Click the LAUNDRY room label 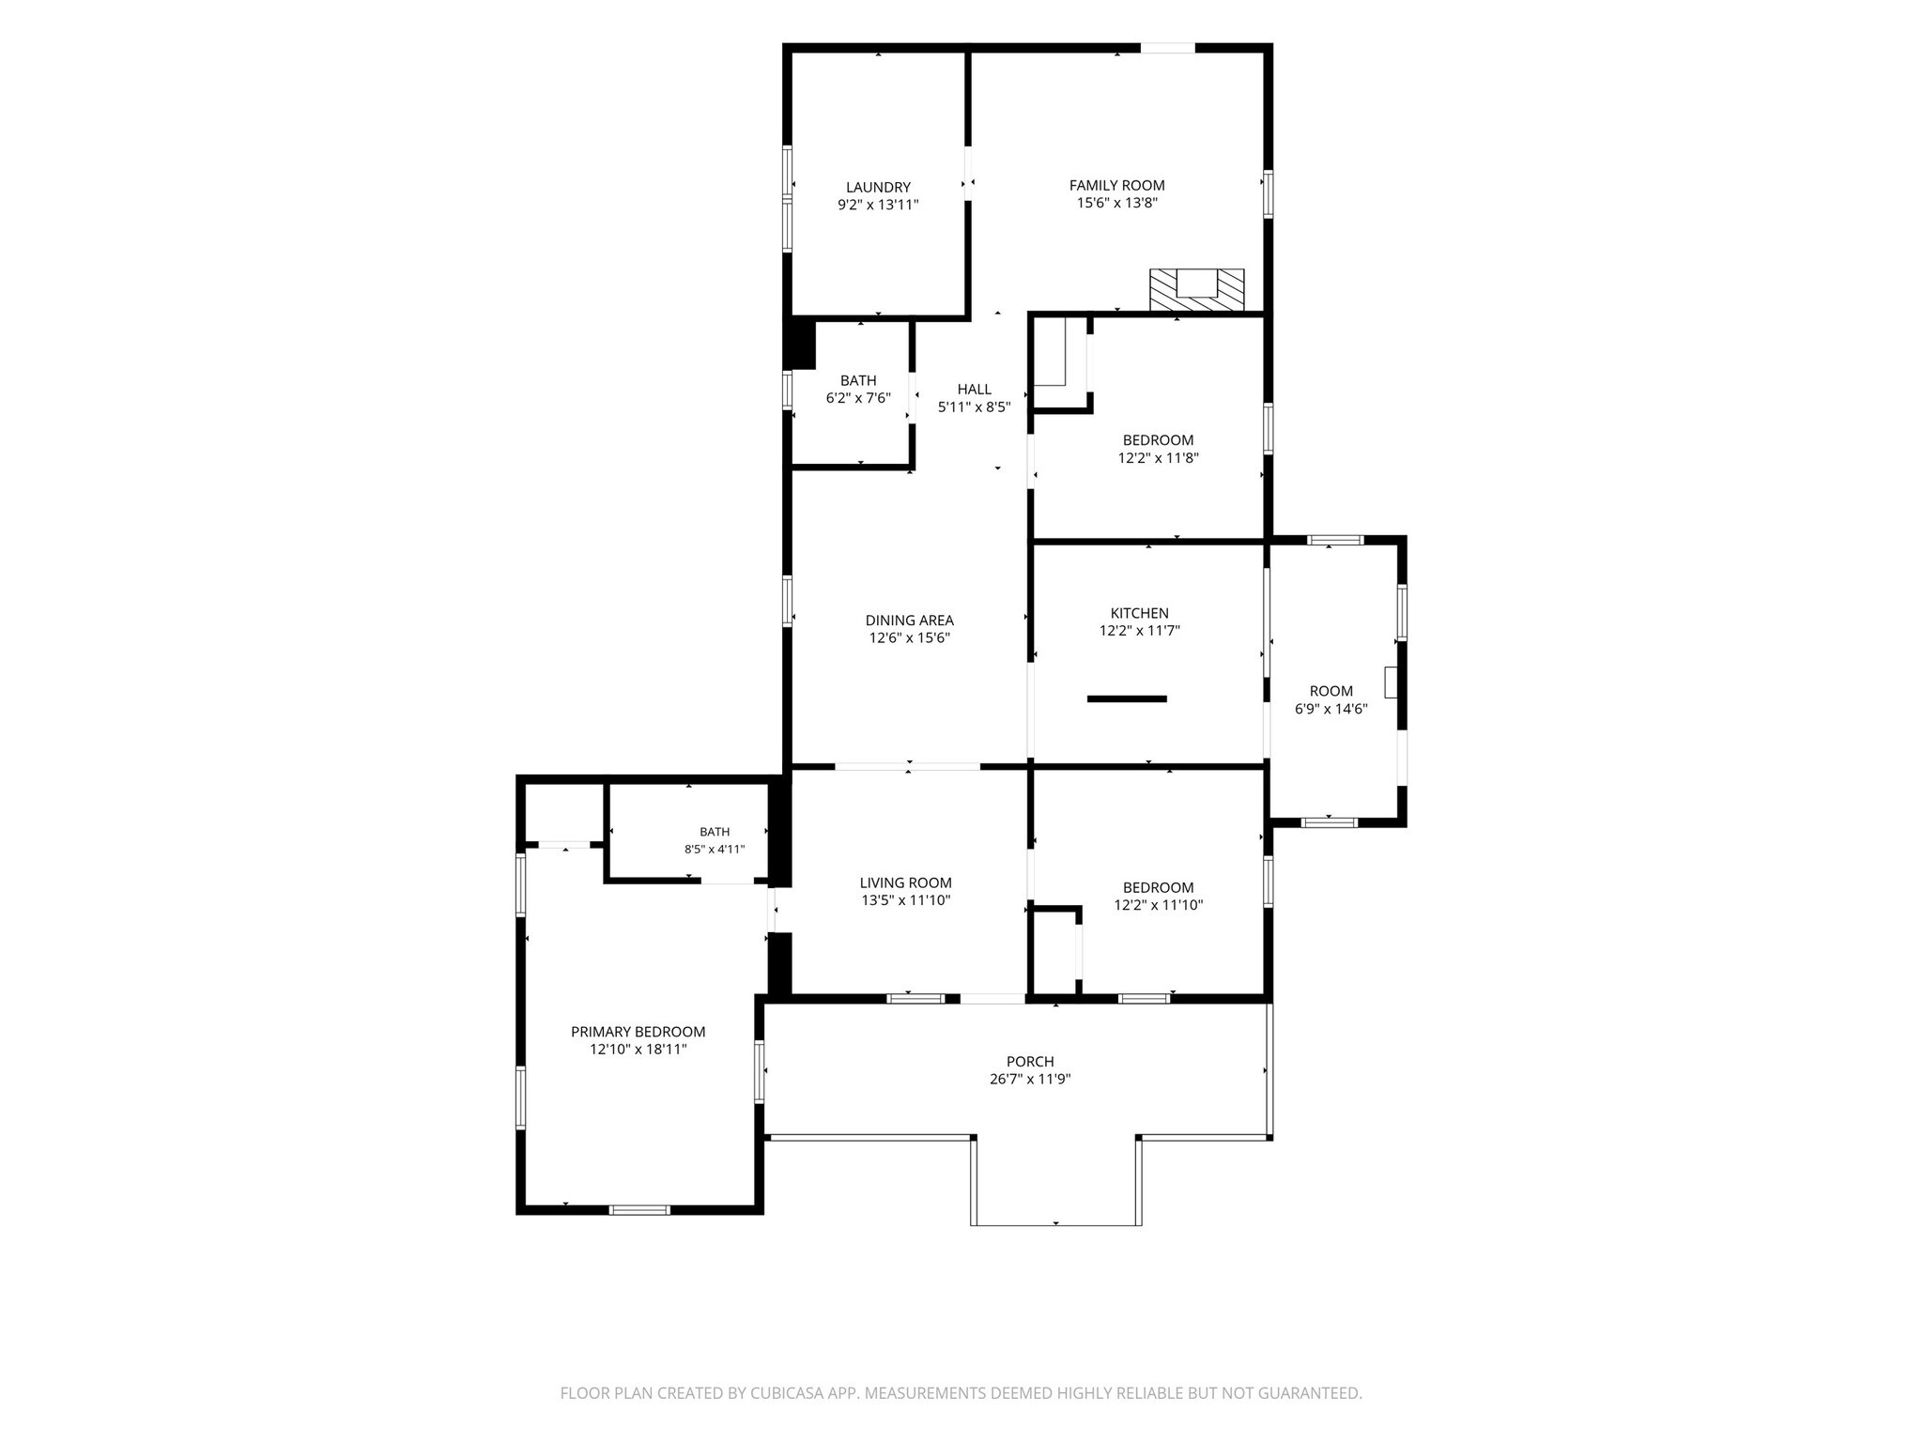(878, 187)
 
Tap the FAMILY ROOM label (1116, 185)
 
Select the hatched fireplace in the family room (1197, 289)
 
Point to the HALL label (974, 389)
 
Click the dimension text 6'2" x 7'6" (858, 397)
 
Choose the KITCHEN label (1139, 613)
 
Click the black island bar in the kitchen (1127, 698)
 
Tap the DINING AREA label (909, 620)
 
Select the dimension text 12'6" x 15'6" (909, 637)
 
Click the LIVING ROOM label (906, 882)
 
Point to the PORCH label (1030, 1061)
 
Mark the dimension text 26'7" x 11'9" (1030, 1079)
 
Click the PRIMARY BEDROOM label (638, 1031)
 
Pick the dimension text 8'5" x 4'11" (715, 849)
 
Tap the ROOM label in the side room (1331, 691)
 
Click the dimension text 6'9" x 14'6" (1331, 709)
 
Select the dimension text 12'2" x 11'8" (1159, 458)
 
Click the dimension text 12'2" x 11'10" (1159, 905)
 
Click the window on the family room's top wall (1168, 48)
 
